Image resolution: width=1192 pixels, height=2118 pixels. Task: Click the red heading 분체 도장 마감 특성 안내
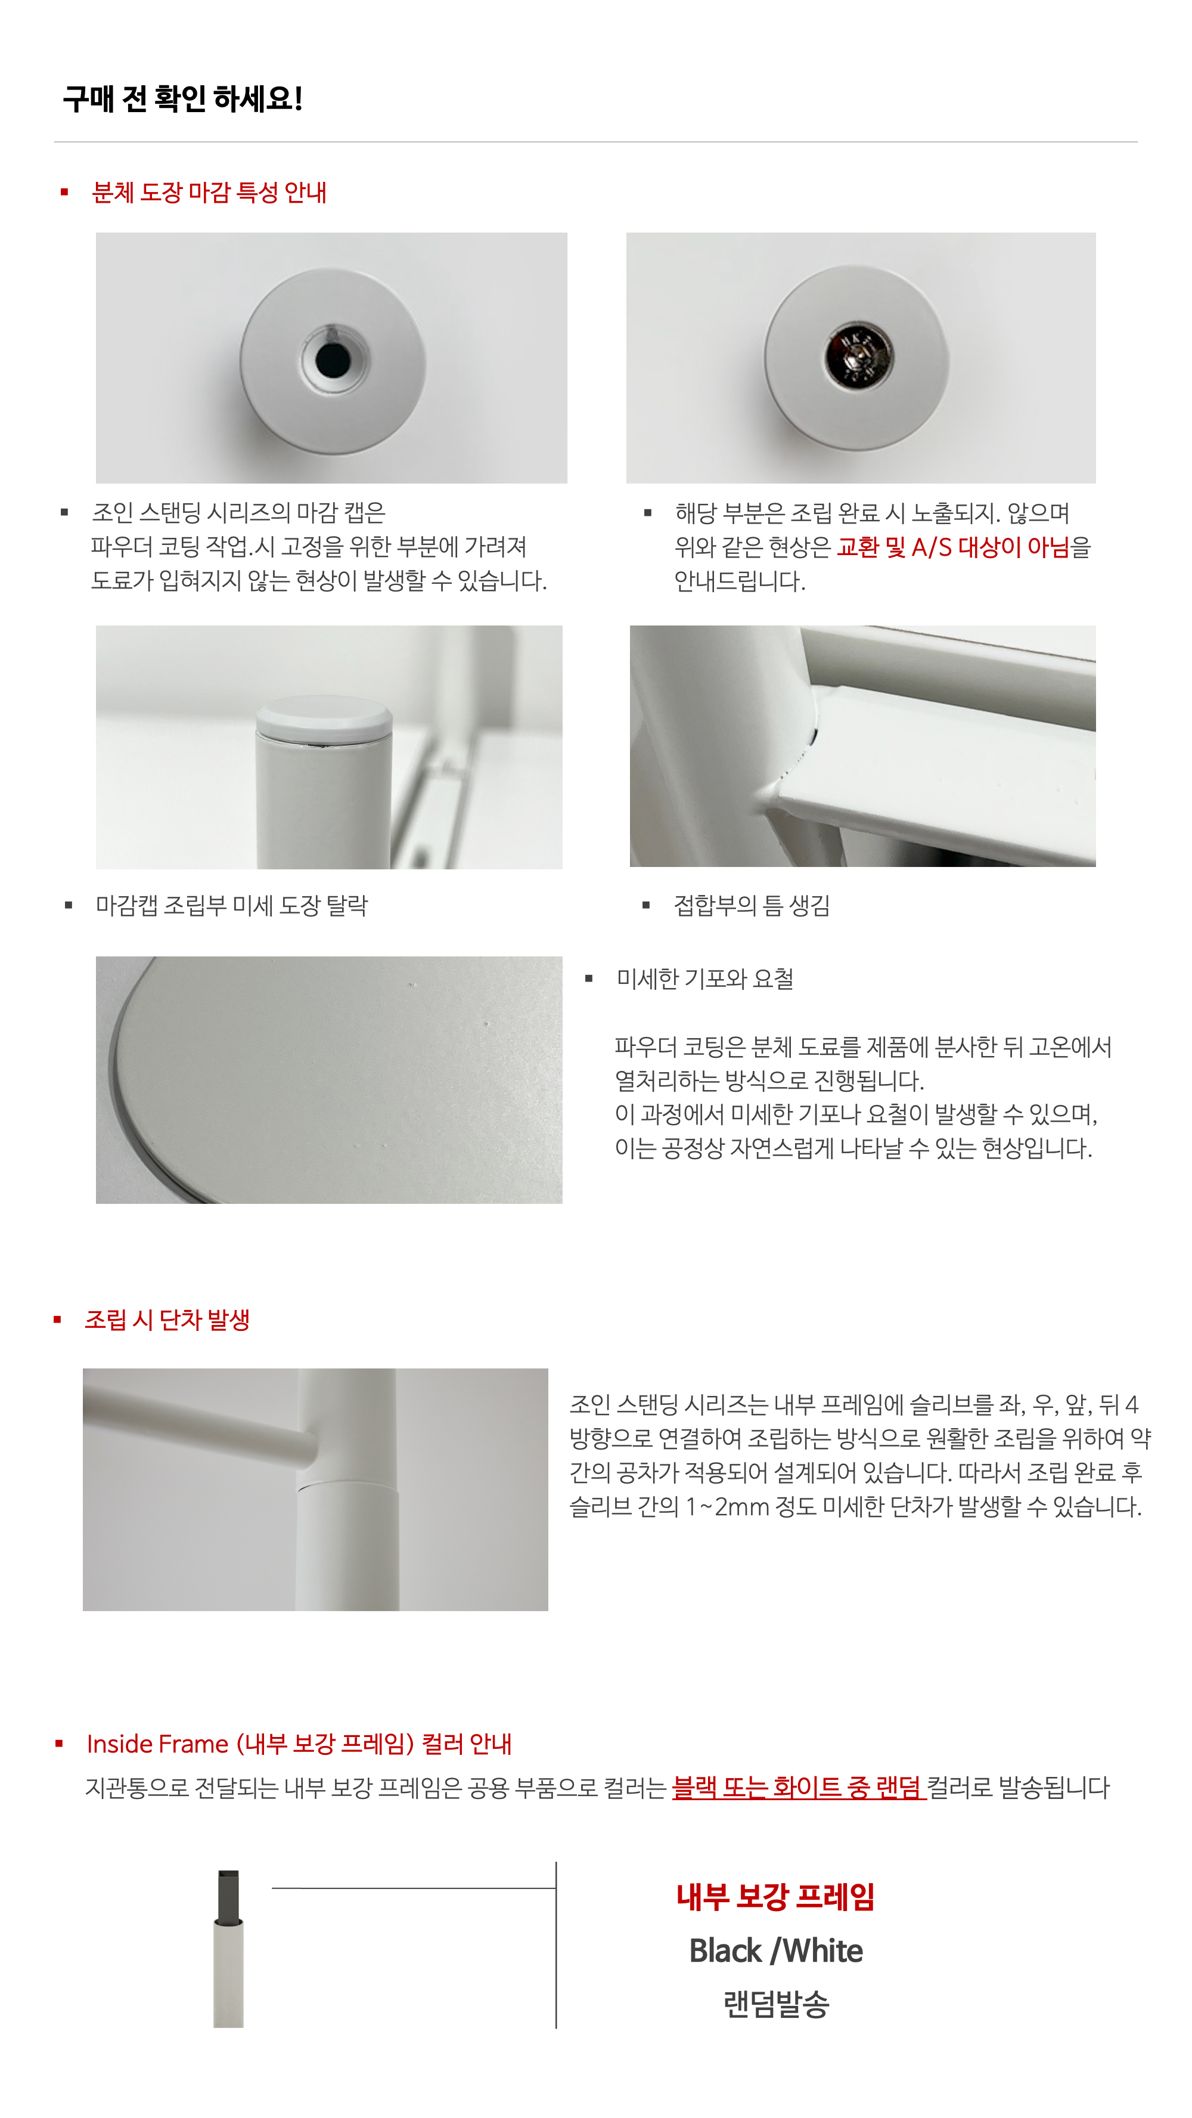210,193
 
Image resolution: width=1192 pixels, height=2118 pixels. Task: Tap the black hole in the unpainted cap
332,360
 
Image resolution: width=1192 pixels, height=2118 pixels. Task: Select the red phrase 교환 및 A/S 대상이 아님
954,547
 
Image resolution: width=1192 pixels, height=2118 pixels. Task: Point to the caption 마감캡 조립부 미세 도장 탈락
232,905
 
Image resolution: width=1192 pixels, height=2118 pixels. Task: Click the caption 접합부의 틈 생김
752,905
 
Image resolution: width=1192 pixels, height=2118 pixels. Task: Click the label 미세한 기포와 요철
704,979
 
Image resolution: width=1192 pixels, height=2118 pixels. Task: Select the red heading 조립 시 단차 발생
167,1320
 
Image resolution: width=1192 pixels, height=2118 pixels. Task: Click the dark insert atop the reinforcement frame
228,1895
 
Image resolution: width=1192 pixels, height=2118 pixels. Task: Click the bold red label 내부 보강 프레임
775,1897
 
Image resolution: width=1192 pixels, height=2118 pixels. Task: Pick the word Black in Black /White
725,1950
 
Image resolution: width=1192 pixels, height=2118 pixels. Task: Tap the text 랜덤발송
776,2004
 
